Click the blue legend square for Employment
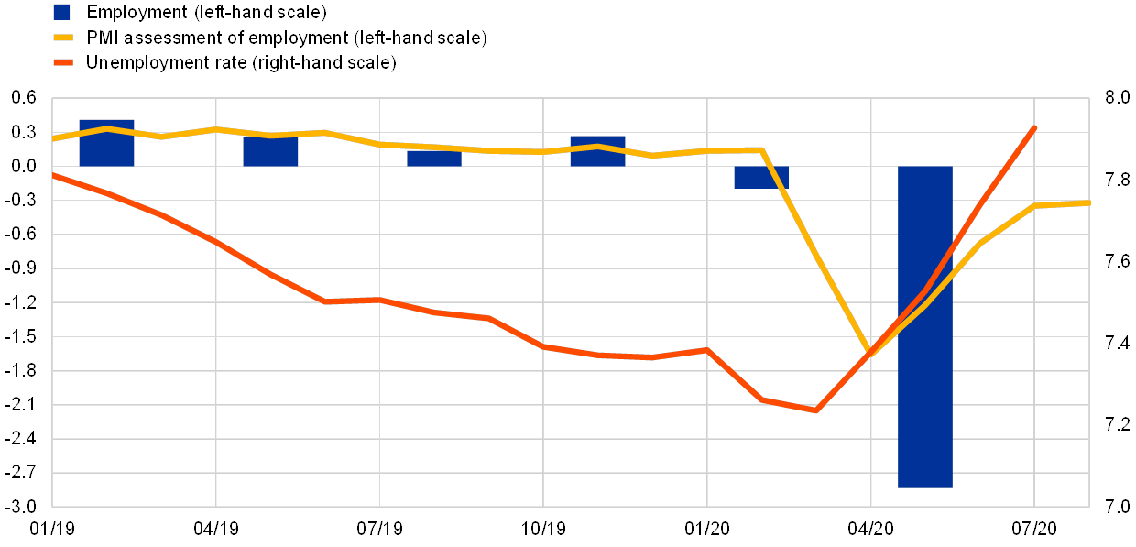point(62,12)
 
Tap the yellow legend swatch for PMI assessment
point(62,38)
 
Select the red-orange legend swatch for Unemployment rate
point(62,63)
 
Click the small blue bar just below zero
point(760,177)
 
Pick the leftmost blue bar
point(106,143)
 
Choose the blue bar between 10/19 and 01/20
point(597,151)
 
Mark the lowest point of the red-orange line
point(815,410)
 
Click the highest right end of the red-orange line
point(1035,126)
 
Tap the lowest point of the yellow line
point(868,354)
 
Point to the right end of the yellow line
point(1089,202)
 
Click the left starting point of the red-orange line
point(53,174)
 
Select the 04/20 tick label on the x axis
point(870,529)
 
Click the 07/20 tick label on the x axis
point(1034,529)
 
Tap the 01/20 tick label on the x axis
point(706,529)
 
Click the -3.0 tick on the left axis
point(26,506)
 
